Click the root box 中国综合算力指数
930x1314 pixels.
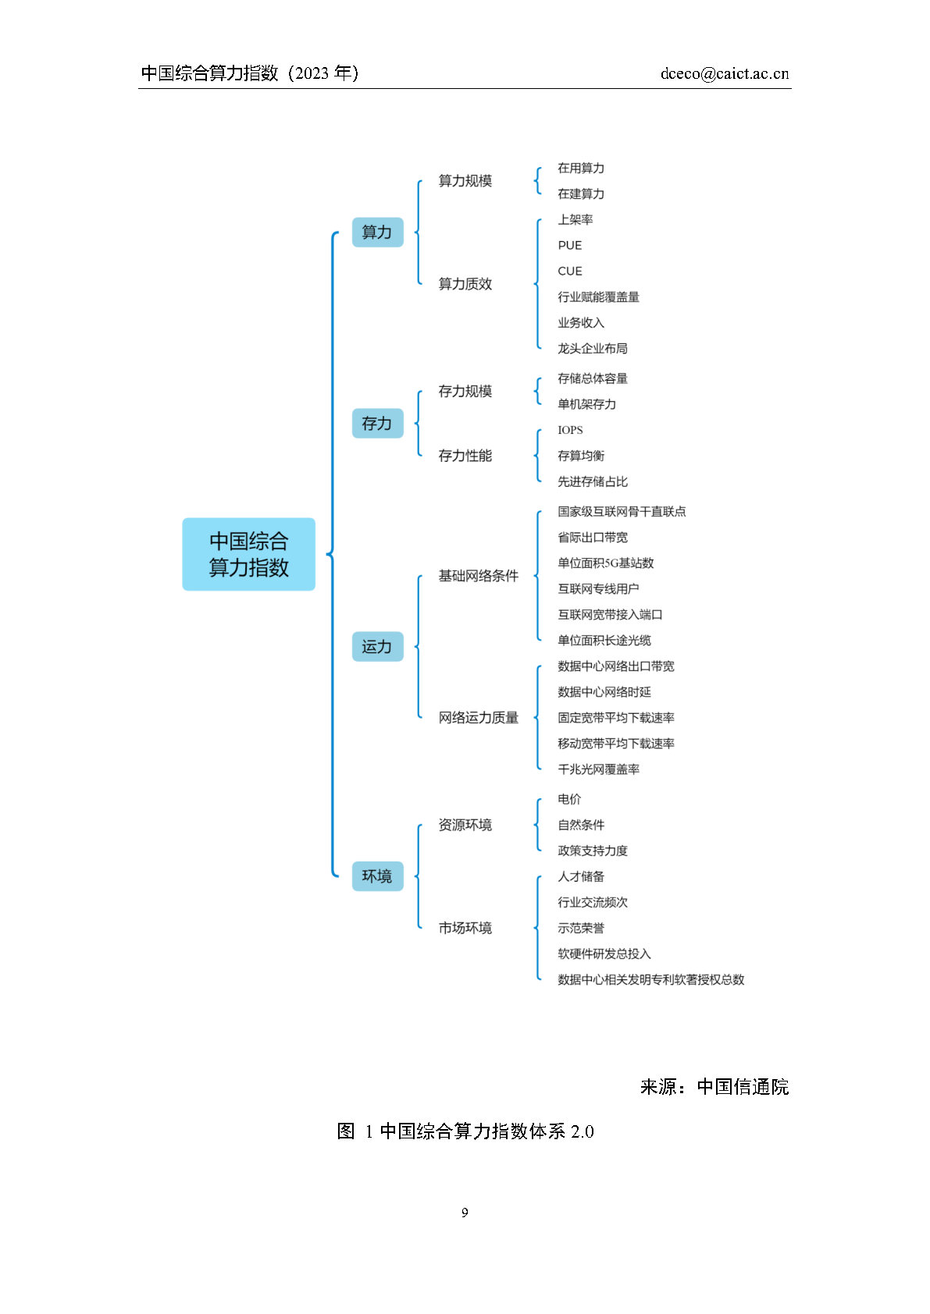tap(248, 554)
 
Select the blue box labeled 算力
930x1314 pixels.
tap(377, 233)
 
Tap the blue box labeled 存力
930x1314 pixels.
tap(377, 423)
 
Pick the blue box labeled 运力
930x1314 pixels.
tap(377, 646)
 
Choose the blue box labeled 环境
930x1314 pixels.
tap(377, 875)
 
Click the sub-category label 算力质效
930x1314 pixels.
tap(465, 284)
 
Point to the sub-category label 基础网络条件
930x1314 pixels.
tap(479, 576)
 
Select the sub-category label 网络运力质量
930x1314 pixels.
tap(479, 717)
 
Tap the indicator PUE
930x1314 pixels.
tap(569, 245)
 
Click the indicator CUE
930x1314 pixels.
tap(569, 271)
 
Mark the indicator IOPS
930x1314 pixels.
tap(570, 430)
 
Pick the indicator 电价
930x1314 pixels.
tap(569, 799)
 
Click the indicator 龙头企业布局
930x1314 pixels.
tap(593, 349)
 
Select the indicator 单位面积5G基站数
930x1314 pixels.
tap(605, 563)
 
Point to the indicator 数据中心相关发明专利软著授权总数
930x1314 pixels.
tap(650, 979)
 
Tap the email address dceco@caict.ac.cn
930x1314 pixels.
tap(725, 73)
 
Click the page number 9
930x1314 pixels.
tap(465, 1213)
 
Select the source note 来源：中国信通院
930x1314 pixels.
tap(714, 1087)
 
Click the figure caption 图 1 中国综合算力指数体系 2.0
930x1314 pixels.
tap(465, 1131)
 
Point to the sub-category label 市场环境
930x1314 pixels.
tap(465, 928)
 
